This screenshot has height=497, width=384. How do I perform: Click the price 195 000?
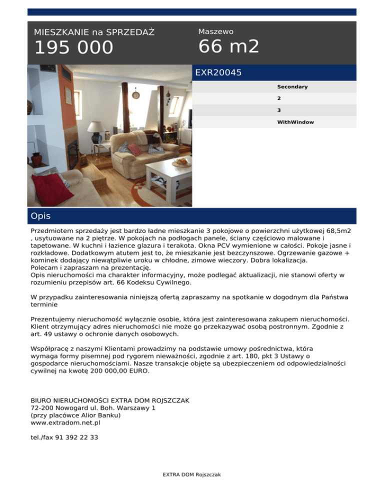(x=73, y=48)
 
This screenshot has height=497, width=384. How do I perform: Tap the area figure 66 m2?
(x=228, y=46)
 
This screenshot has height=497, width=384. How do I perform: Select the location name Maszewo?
(x=215, y=31)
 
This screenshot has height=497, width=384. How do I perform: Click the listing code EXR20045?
(x=218, y=73)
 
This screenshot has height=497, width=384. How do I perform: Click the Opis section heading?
(x=40, y=216)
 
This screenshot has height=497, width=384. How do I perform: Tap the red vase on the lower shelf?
(x=36, y=158)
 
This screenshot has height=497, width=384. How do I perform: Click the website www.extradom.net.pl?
(x=65, y=422)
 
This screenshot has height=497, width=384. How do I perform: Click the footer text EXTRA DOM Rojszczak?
(x=192, y=475)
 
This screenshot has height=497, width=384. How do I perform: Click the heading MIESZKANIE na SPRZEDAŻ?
(x=94, y=32)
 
